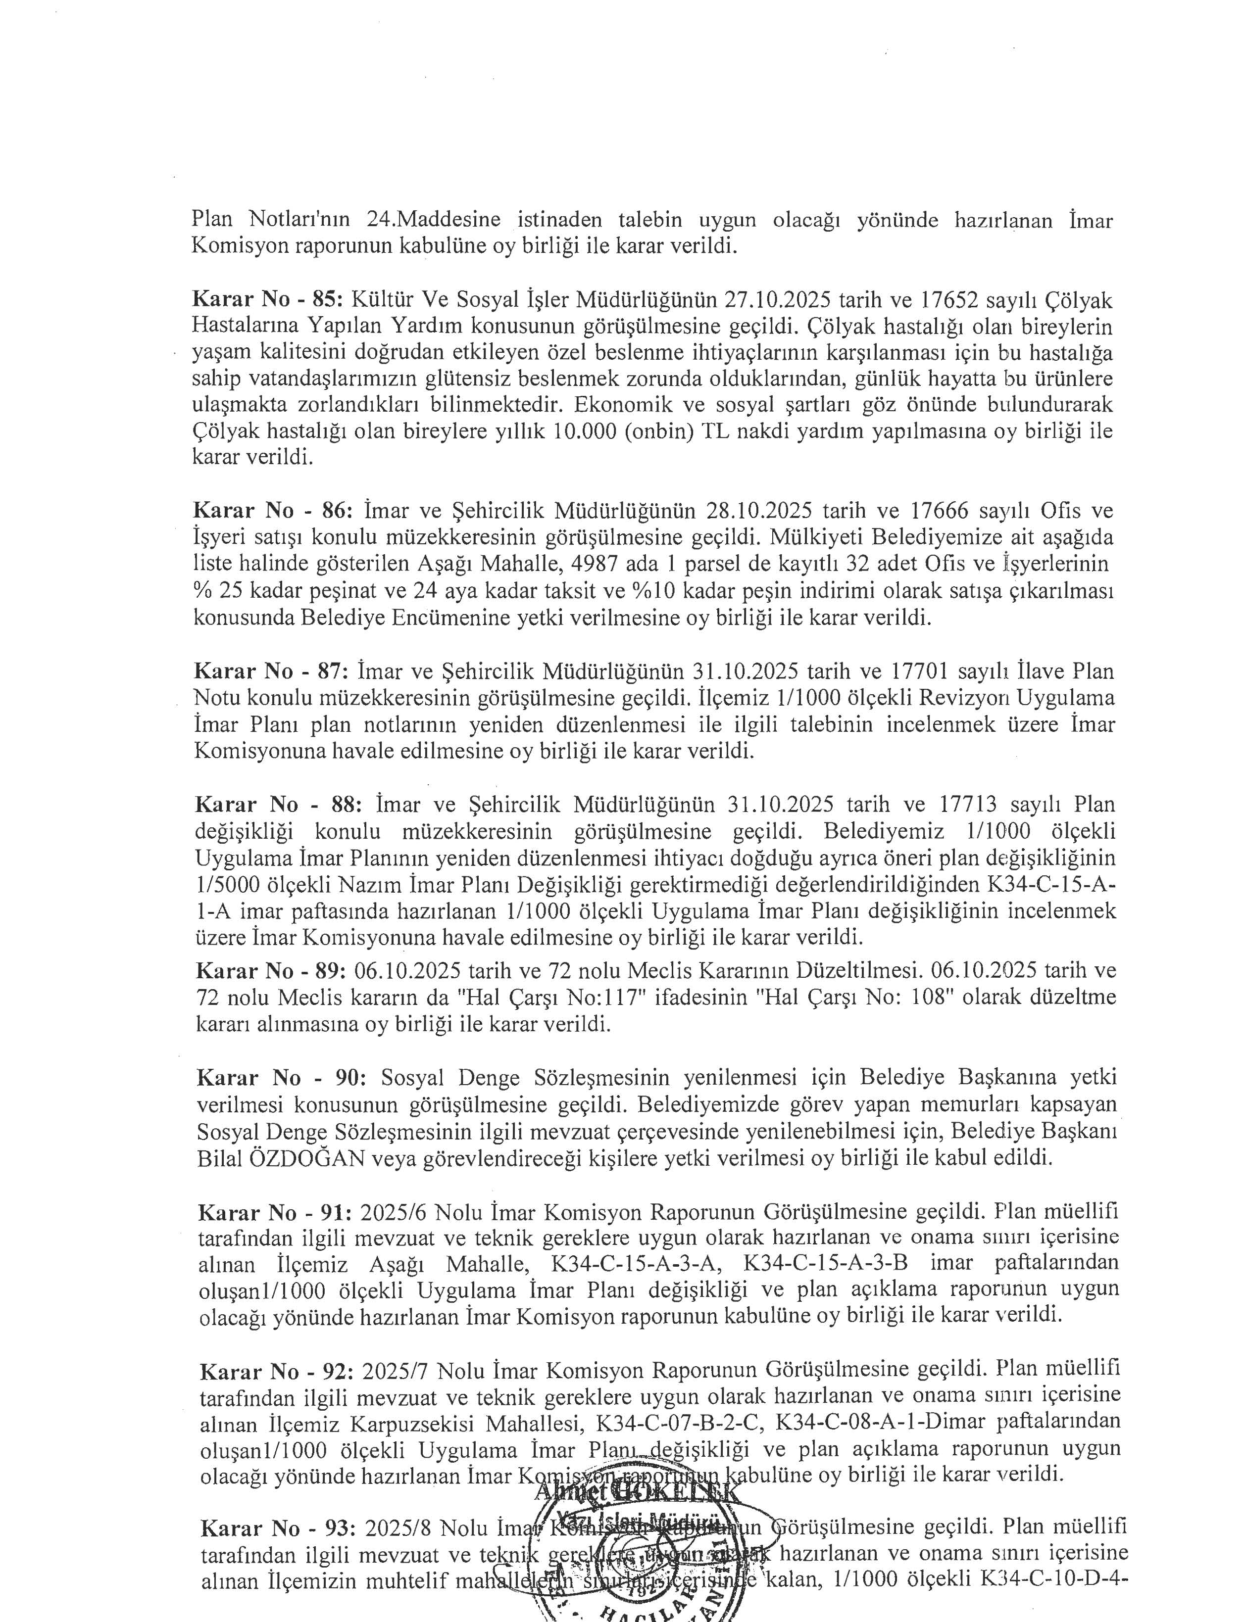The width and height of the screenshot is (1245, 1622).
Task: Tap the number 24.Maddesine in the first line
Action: coord(433,220)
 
